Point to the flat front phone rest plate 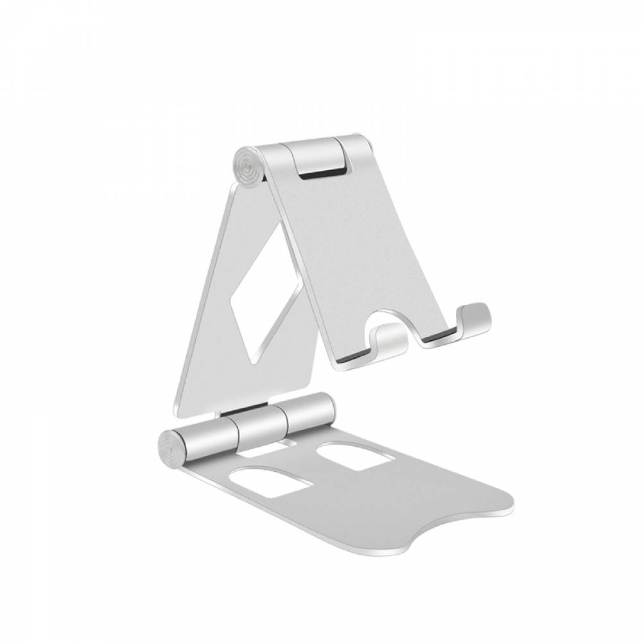click(x=353, y=250)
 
